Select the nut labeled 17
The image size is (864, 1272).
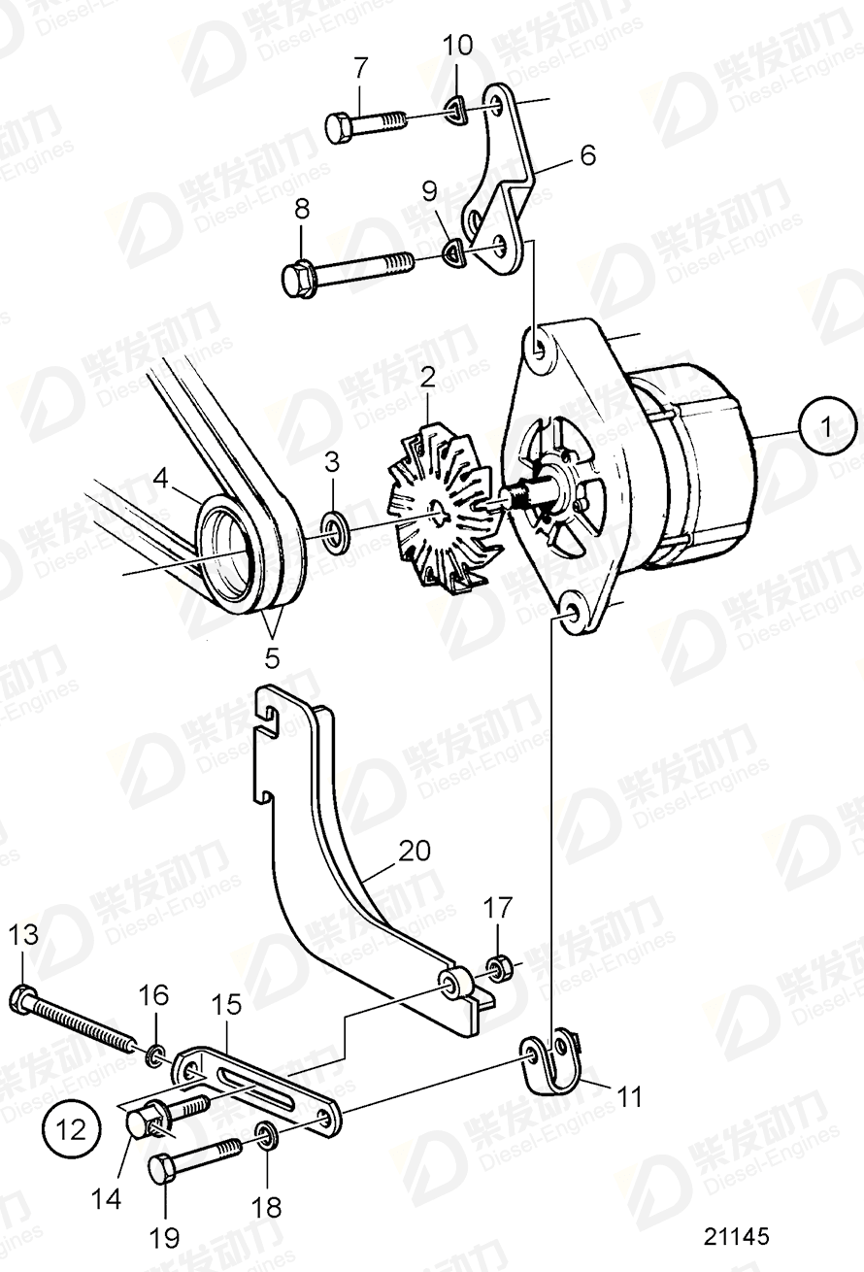point(500,968)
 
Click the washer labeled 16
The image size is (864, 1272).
point(155,1054)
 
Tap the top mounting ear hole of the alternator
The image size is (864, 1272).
point(538,346)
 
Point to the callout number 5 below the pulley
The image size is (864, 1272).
point(271,657)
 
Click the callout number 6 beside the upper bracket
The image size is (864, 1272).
point(588,154)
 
